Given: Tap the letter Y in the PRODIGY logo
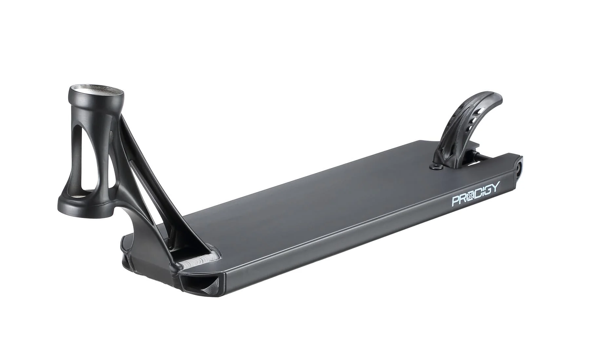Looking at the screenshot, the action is point(495,188).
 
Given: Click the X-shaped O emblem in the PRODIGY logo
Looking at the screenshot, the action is point(471,195).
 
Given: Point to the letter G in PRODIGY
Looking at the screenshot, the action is point(486,190).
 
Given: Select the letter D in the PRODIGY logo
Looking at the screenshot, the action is point(479,193).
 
